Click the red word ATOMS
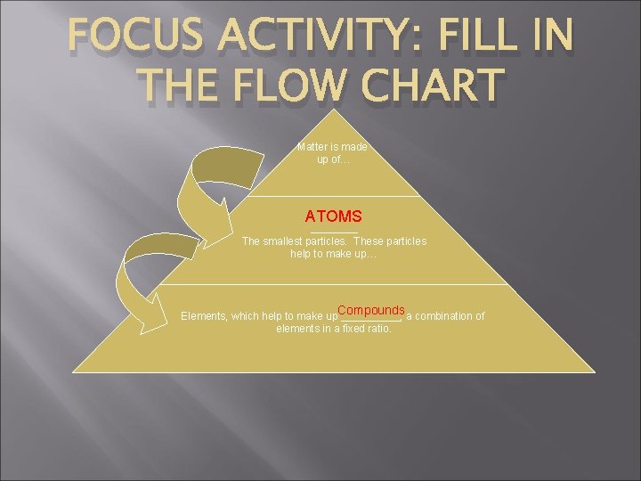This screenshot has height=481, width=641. pos(333,216)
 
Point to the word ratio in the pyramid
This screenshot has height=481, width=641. pos(376,329)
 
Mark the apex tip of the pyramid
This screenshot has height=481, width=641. pos(334,110)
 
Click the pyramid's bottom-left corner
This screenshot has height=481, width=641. pos(73,371)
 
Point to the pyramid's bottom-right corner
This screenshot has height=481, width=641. pos(595,371)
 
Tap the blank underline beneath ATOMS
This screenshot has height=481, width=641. pos(334,232)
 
